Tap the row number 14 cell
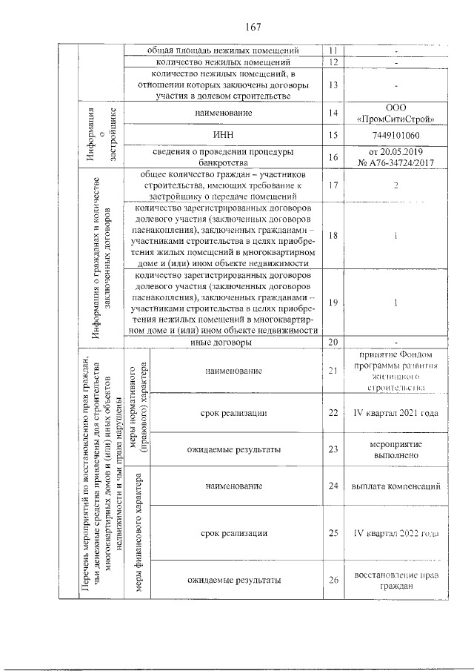[x=333, y=113]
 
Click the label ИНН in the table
[x=224, y=135]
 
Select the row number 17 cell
[x=333, y=185]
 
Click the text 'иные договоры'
[x=224, y=342]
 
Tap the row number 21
[x=333, y=369]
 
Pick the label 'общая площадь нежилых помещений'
[x=224, y=50]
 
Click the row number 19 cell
[x=333, y=302]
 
